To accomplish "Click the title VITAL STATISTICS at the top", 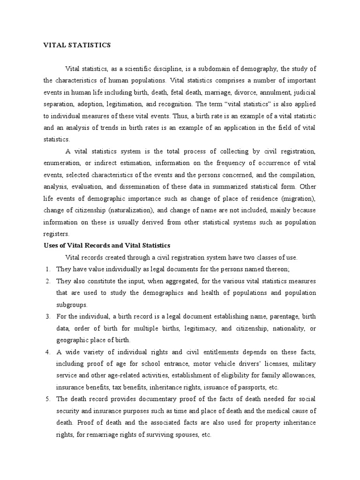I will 77,45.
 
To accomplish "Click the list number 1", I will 48,269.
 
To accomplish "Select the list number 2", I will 48,281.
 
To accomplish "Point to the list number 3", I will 48,316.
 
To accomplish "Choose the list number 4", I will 48,352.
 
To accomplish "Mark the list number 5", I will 48,399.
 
